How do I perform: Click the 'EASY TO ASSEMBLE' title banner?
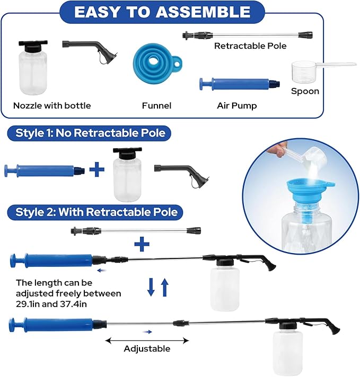point(162,12)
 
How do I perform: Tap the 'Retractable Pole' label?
point(250,46)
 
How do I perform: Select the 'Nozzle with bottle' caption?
point(52,105)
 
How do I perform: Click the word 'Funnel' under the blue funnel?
point(156,105)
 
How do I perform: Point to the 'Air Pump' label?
point(236,106)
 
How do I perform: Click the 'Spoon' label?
point(305,91)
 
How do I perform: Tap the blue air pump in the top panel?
point(240,84)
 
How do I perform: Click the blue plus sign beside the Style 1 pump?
point(97,169)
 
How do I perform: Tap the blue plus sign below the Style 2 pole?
point(142,244)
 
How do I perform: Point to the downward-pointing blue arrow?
point(151,287)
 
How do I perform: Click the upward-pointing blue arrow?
point(165,287)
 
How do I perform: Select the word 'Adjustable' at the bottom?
point(147,348)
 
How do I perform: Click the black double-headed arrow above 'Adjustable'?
point(147,340)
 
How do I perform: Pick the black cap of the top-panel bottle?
point(33,46)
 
